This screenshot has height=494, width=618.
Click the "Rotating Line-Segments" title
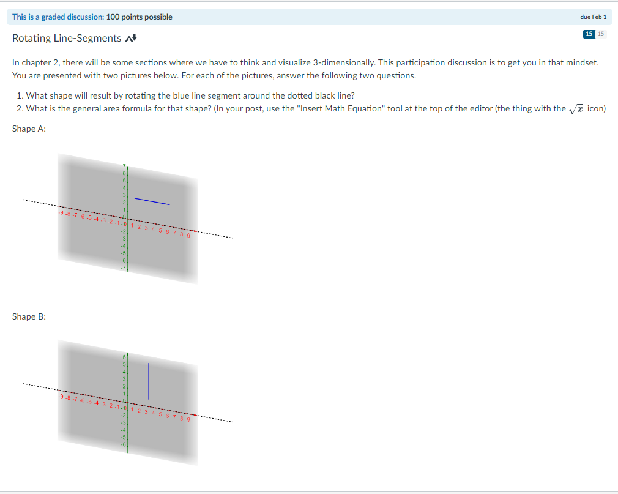point(67,39)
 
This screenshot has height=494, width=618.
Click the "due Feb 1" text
point(593,17)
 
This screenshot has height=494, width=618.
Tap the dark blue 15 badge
point(589,34)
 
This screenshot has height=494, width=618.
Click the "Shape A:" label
point(29,129)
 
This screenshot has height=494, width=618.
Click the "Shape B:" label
point(29,316)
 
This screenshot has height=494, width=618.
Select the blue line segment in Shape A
point(152,201)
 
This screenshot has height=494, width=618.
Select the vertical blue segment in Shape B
point(149,380)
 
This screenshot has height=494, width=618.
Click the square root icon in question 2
point(575,108)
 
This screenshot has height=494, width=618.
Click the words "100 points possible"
point(140,17)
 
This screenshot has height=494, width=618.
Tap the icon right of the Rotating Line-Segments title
point(130,39)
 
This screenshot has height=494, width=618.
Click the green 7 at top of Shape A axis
point(124,167)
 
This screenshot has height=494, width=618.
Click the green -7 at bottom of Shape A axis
point(123,268)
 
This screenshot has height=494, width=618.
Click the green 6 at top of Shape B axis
point(124,356)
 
